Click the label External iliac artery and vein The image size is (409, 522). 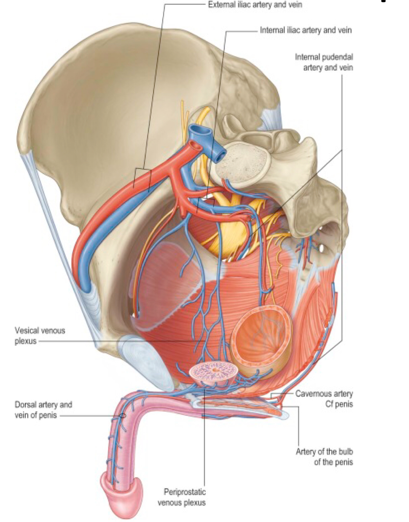pyautogui.click(x=255, y=5)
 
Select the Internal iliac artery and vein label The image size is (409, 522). pyautogui.click(x=305, y=30)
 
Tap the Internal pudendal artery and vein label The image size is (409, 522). pyautogui.click(x=324, y=62)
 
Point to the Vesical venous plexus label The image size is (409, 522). pyautogui.click(x=40, y=335)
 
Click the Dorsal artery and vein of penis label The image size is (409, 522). pyautogui.click(x=43, y=410)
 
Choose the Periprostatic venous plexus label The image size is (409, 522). pyautogui.click(x=182, y=497)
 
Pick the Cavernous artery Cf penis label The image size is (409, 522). pyautogui.click(x=324, y=399)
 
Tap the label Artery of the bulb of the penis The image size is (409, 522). pyautogui.click(x=324, y=457)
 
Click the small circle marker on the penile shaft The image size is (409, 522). pyautogui.click(x=123, y=416)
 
